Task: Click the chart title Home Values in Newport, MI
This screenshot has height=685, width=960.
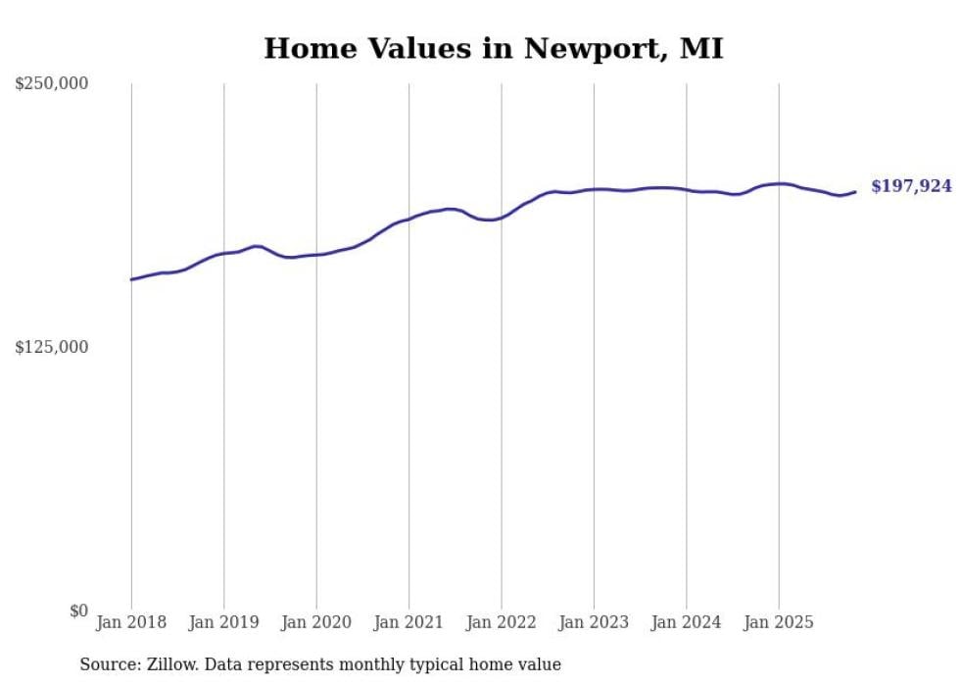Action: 494,48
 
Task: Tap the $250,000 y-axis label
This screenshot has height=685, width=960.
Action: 52,84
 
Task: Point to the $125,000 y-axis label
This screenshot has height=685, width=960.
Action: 52,347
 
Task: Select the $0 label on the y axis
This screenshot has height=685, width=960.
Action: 78,611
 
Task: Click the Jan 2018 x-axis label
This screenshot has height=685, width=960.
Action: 131,622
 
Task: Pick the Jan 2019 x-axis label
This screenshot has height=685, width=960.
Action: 223,622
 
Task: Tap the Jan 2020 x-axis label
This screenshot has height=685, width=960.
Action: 316,622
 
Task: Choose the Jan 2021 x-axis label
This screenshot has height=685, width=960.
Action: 408,622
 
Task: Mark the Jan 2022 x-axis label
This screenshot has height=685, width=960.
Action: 502,622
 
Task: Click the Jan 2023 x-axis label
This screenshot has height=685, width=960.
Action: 594,622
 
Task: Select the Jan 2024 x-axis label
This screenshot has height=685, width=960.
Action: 686,622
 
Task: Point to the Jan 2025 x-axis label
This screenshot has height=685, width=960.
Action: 779,622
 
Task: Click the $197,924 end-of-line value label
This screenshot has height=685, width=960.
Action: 911,186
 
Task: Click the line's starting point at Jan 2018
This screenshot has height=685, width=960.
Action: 131,279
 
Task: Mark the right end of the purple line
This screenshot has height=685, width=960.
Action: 855,191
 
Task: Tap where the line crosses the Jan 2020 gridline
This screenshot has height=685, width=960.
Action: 316,255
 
